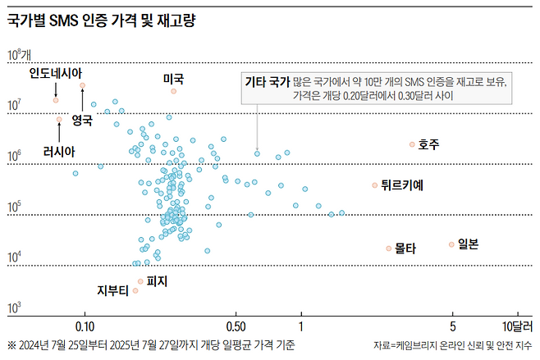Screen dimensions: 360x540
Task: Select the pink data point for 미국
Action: click(x=174, y=91)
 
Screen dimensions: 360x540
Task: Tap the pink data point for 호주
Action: click(x=413, y=144)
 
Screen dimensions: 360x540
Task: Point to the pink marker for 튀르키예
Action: click(x=374, y=185)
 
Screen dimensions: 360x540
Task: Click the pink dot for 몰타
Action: click(x=389, y=248)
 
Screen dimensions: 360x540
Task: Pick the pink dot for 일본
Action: click(x=451, y=244)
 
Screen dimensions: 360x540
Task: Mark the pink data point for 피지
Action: click(x=140, y=281)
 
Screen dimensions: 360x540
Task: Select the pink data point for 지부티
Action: click(x=135, y=290)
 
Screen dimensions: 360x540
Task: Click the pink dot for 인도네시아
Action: click(x=56, y=99)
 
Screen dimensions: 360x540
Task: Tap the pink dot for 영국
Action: click(x=82, y=85)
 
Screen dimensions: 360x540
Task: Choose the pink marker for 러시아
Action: click(x=59, y=120)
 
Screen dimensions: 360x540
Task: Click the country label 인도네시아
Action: click(x=55, y=74)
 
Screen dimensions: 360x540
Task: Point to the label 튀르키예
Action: click(x=401, y=185)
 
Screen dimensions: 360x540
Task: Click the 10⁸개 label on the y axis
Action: click(x=18, y=56)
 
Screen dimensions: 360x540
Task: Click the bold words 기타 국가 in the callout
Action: click(x=268, y=82)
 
